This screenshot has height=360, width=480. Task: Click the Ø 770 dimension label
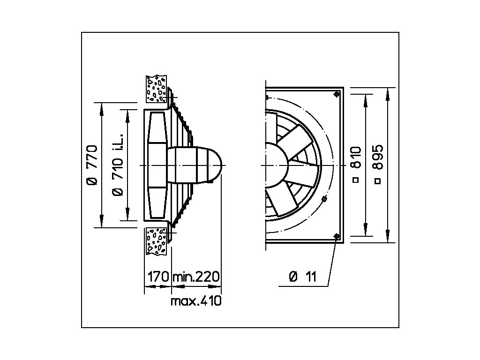tap(92, 165)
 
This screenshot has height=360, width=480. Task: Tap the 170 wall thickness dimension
tap(157, 277)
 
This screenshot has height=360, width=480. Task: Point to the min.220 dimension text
tap(196, 277)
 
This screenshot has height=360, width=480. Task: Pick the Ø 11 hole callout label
tap(303, 277)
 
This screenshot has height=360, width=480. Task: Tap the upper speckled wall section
tap(157, 89)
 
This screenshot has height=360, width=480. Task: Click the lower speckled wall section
tap(157, 241)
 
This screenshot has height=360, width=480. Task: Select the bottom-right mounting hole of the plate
tap(337, 237)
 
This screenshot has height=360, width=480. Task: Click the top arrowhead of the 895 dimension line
tap(387, 91)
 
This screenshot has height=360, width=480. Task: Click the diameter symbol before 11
tap(293, 277)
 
